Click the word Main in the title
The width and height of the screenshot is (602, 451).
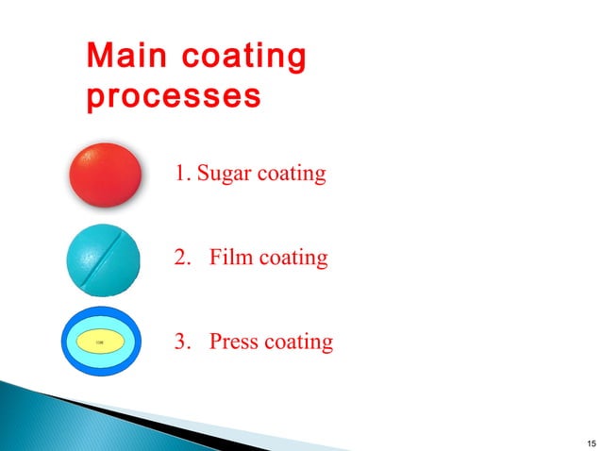click(x=122, y=58)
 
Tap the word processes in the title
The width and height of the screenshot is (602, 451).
click(x=173, y=97)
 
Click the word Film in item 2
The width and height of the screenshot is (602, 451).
click(x=230, y=257)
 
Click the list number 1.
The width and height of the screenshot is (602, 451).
click(x=181, y=175)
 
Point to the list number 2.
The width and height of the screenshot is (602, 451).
click(x=182, y=257)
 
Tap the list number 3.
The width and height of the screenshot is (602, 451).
click(x=182, y=341)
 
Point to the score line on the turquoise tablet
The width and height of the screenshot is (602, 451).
click(x=106, y=259)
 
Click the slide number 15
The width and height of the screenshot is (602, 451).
click(x=591, y=442)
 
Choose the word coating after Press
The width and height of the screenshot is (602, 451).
click(x=299, y=341)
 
